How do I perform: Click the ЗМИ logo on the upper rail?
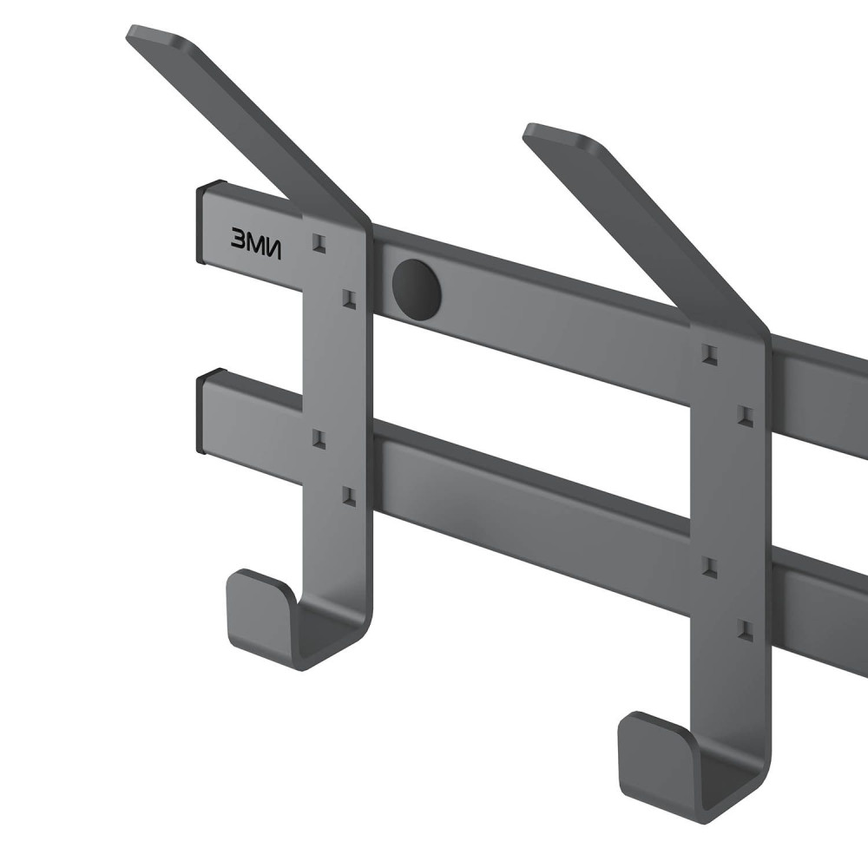pos(256,243)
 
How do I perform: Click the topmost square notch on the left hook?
pos(319,242)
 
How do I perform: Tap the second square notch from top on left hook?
pos(349,299)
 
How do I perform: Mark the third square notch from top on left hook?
pos(319,437)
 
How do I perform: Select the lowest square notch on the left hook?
pos(349,496)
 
